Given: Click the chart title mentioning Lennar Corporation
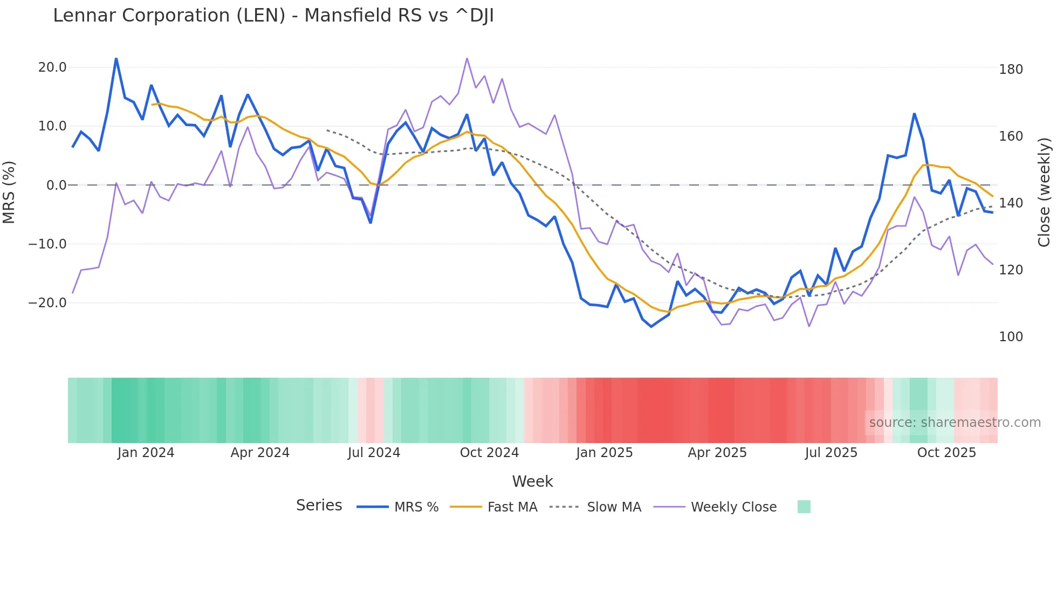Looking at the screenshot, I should (273, 16).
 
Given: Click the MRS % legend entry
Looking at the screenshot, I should (416, 507).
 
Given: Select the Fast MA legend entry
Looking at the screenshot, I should (512, 507).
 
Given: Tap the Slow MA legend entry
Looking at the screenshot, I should (614, 507).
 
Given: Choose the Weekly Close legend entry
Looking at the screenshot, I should (733, 507).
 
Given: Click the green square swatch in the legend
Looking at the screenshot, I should (804, 507).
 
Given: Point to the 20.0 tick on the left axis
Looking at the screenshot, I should (52, 67).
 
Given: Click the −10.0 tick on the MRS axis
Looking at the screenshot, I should (47, 244).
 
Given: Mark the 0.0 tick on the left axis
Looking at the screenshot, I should (56, 185).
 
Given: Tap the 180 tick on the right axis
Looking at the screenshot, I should (1011, 70).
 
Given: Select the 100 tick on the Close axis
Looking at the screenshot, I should (1011, 337).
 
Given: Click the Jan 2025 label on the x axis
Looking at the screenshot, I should (604, 453).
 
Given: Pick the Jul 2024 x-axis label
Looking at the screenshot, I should (374, 453).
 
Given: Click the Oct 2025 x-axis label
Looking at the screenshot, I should (946, 453).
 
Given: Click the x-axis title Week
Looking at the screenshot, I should (532, 481).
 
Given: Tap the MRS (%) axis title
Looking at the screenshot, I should (9, 192).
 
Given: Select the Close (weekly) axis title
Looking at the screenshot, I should (1045, 192).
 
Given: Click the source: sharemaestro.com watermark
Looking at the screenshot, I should (955, 423).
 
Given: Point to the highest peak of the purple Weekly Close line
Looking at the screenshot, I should (467, 58).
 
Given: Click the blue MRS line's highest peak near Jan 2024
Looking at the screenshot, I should (116, 58).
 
